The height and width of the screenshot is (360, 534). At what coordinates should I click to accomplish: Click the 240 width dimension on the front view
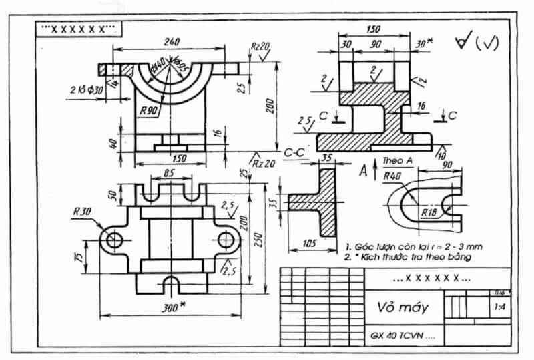172,41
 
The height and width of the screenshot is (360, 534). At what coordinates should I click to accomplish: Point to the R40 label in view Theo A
392,176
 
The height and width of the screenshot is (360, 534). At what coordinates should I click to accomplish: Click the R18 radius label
429,212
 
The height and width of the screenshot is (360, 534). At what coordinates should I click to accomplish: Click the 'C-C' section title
294,153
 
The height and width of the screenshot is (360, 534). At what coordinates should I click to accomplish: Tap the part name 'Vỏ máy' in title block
403,307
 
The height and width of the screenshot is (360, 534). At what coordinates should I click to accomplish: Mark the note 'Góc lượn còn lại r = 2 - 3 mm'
413,246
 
